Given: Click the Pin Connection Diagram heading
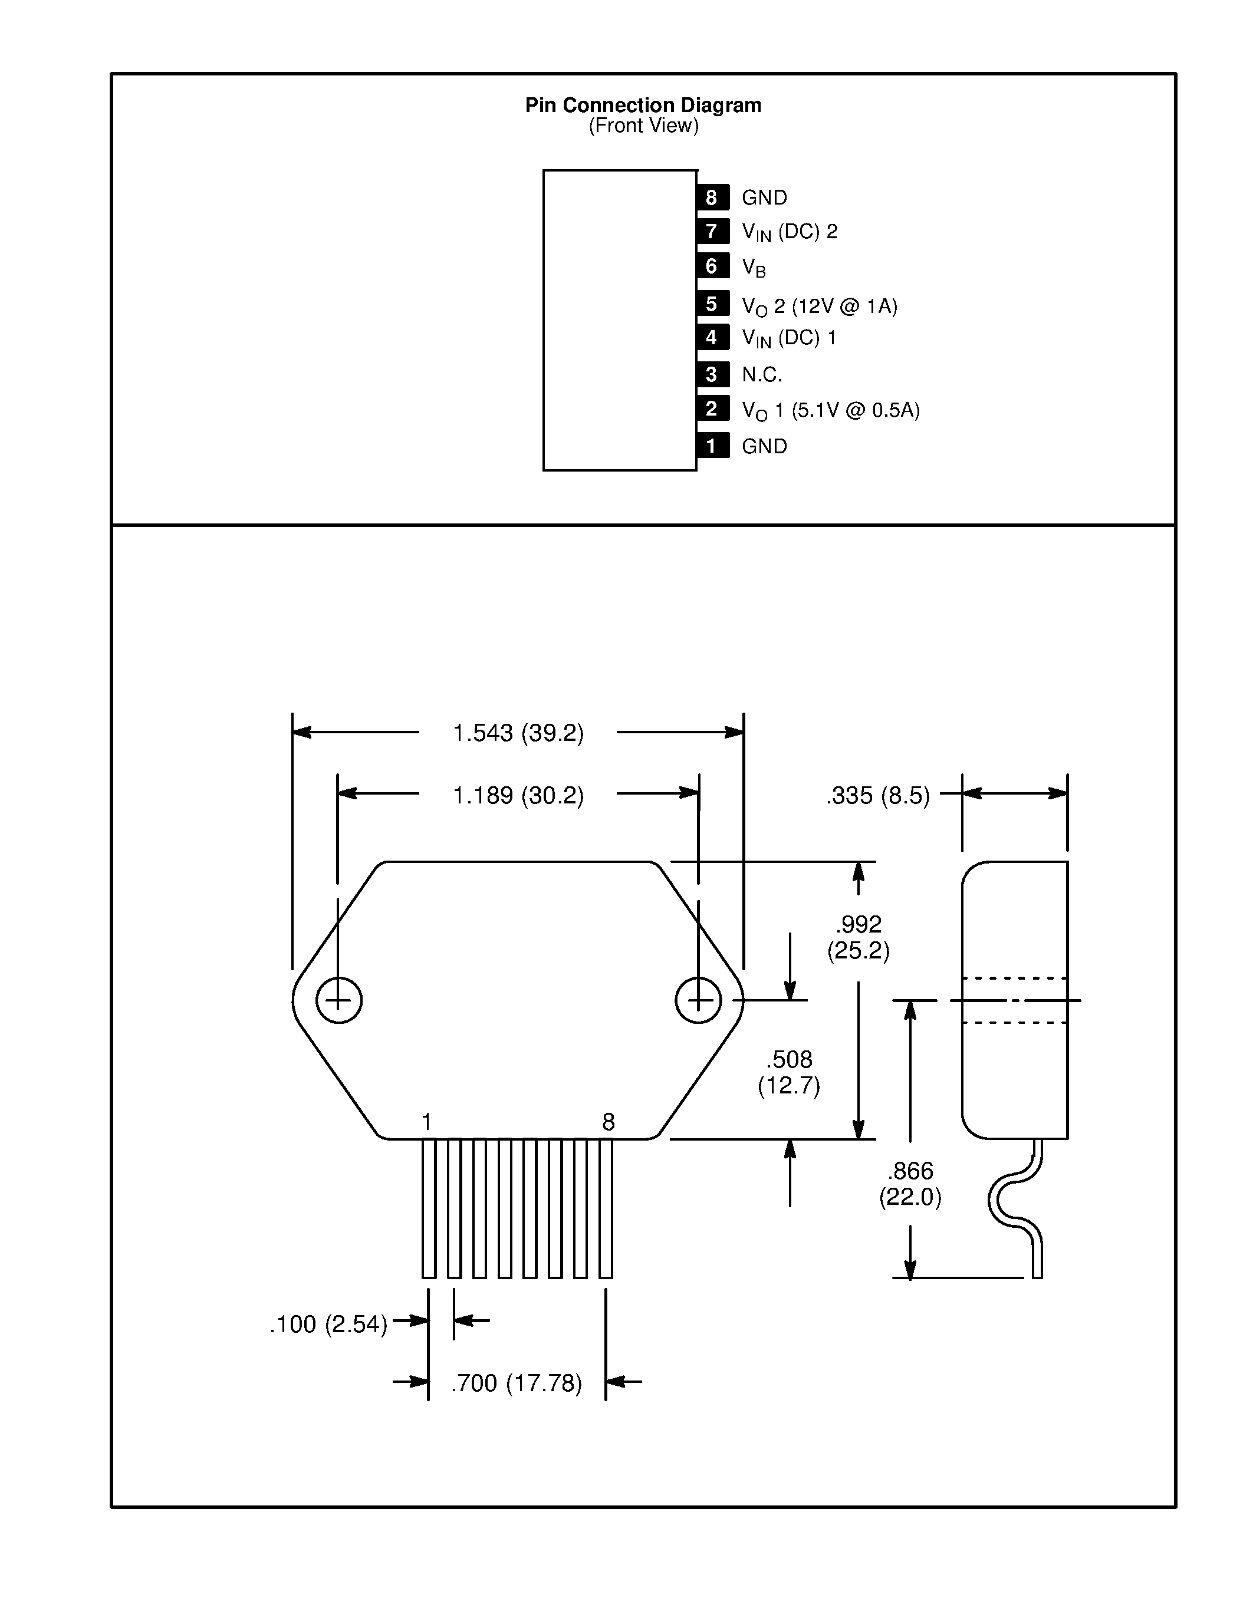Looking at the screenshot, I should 643,106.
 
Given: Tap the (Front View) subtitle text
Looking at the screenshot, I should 643,126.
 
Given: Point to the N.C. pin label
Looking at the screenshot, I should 762,375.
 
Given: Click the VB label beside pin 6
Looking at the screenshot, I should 754,267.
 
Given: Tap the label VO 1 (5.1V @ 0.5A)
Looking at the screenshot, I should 830,410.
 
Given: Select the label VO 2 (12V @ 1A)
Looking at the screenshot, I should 820,307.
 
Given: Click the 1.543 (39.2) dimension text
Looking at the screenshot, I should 518,733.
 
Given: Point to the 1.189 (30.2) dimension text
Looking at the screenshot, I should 518,796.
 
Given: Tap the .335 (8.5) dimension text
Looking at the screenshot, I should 877,796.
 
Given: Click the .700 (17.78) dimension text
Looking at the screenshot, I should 517,1383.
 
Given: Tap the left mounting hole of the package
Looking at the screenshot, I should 338,1000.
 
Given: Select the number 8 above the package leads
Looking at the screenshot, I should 608,1122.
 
